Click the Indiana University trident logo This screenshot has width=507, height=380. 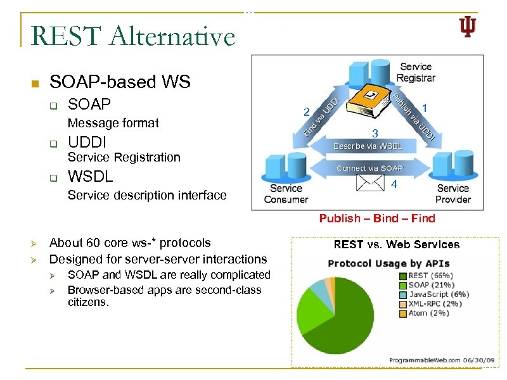(x=467, y=27)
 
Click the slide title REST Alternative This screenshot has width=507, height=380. (x=132, y=35)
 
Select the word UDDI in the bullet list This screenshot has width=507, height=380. (x=87, y=141)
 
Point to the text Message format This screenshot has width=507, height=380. (x=113, y=123)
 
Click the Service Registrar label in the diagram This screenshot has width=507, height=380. (x=415, y=72)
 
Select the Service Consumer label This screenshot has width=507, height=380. (x=285, y=193)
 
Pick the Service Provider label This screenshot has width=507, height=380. (x=453, y=193)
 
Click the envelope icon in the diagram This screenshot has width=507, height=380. (x=371, y=182)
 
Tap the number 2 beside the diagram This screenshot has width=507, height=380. (x=306, y=113)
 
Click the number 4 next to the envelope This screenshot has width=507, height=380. (x=394, y=185)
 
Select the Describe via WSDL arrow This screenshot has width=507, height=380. (x=368, y=146)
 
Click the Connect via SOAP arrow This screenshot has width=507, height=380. (x=369, y=168)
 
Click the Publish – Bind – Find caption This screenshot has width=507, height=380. (x=377, y=218)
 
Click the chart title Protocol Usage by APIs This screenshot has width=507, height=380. (x=388, y=263)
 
